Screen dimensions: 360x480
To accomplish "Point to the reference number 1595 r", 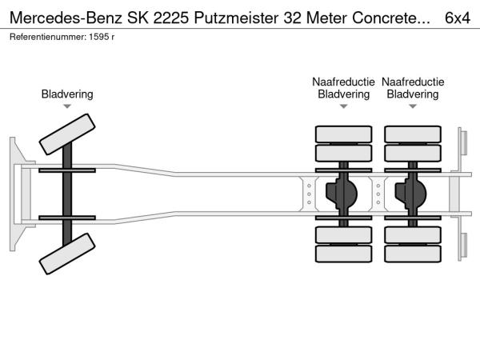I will (102, 37).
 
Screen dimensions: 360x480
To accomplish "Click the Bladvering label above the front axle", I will (67, 94).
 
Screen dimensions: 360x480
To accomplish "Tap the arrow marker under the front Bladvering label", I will (67, 106).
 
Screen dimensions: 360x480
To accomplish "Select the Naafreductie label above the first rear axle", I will (343, 82).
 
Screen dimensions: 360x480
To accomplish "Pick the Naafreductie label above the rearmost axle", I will (412, 82).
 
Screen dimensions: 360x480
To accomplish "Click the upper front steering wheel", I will (67, 134).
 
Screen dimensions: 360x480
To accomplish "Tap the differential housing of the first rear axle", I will (344, 194).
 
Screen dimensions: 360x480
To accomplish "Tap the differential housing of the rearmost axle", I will (413, 194).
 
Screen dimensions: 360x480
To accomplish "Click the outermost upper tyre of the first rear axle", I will (343, 134).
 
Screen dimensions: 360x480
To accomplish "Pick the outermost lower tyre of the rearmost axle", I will (413, 255).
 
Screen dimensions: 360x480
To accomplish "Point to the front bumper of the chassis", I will (15, 195).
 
